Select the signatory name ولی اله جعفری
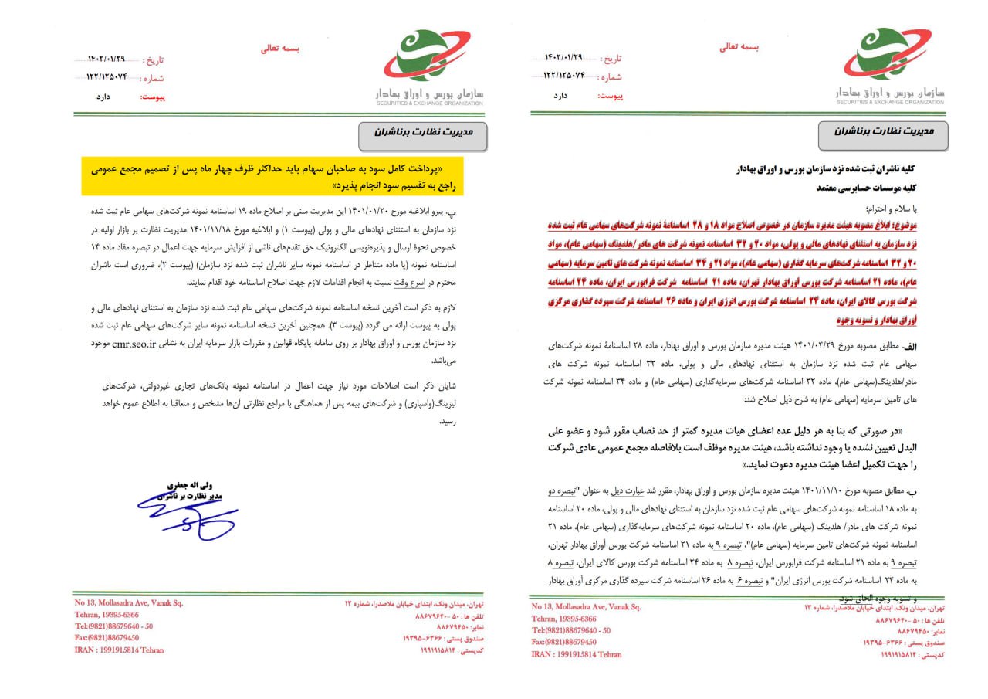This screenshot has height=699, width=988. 183,485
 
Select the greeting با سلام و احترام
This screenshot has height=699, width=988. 910,208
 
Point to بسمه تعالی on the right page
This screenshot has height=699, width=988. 739,46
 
